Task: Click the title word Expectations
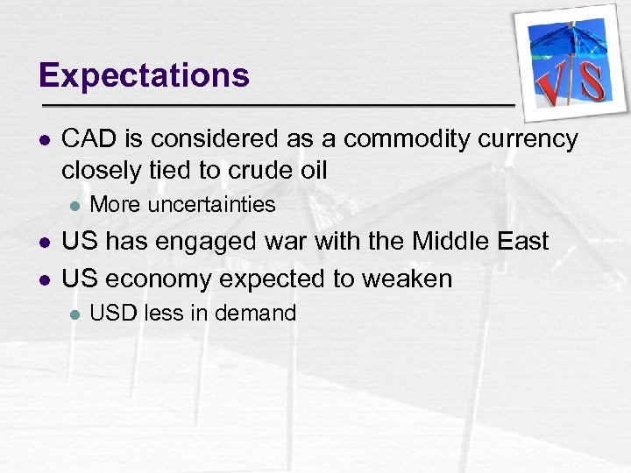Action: (x=144, y=76)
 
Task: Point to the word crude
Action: (x=238, y=170)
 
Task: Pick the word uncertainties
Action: (x=211, y=206)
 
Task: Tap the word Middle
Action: (x=456, y=241)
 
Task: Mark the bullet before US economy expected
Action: (x=44, y=279)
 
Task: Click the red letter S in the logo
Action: (x=592, y=81)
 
